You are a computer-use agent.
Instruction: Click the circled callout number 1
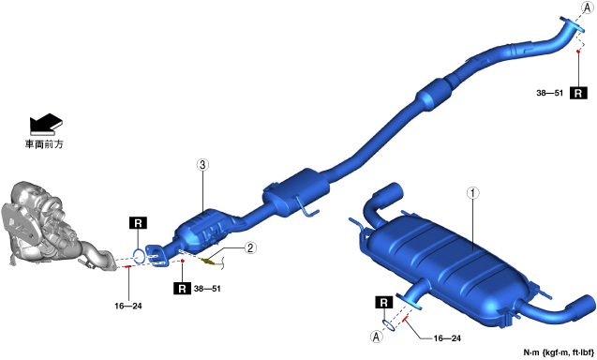pyautogui.click(x=473, y=193)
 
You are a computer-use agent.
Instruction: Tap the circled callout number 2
pyautogui.click(x=249, y=248)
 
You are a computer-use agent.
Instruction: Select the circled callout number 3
pyautogui.click(x=202, y=165)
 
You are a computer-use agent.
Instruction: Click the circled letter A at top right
pyautogui.click(x=588, y=7)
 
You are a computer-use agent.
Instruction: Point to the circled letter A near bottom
pyautogui.click(x=377, y=337)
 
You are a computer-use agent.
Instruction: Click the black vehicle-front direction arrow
pyautogui.click(x=46, y=124)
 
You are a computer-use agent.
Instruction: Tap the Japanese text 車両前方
pyautogui.click(x=44, y=144)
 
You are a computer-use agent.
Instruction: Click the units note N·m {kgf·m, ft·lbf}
pyautogui.click(x=559, y=352)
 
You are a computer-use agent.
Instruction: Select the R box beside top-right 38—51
pyautogui.click(x=578, y=93)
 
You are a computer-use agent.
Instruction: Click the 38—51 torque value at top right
pyautogui.click(x=549, y=93)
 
